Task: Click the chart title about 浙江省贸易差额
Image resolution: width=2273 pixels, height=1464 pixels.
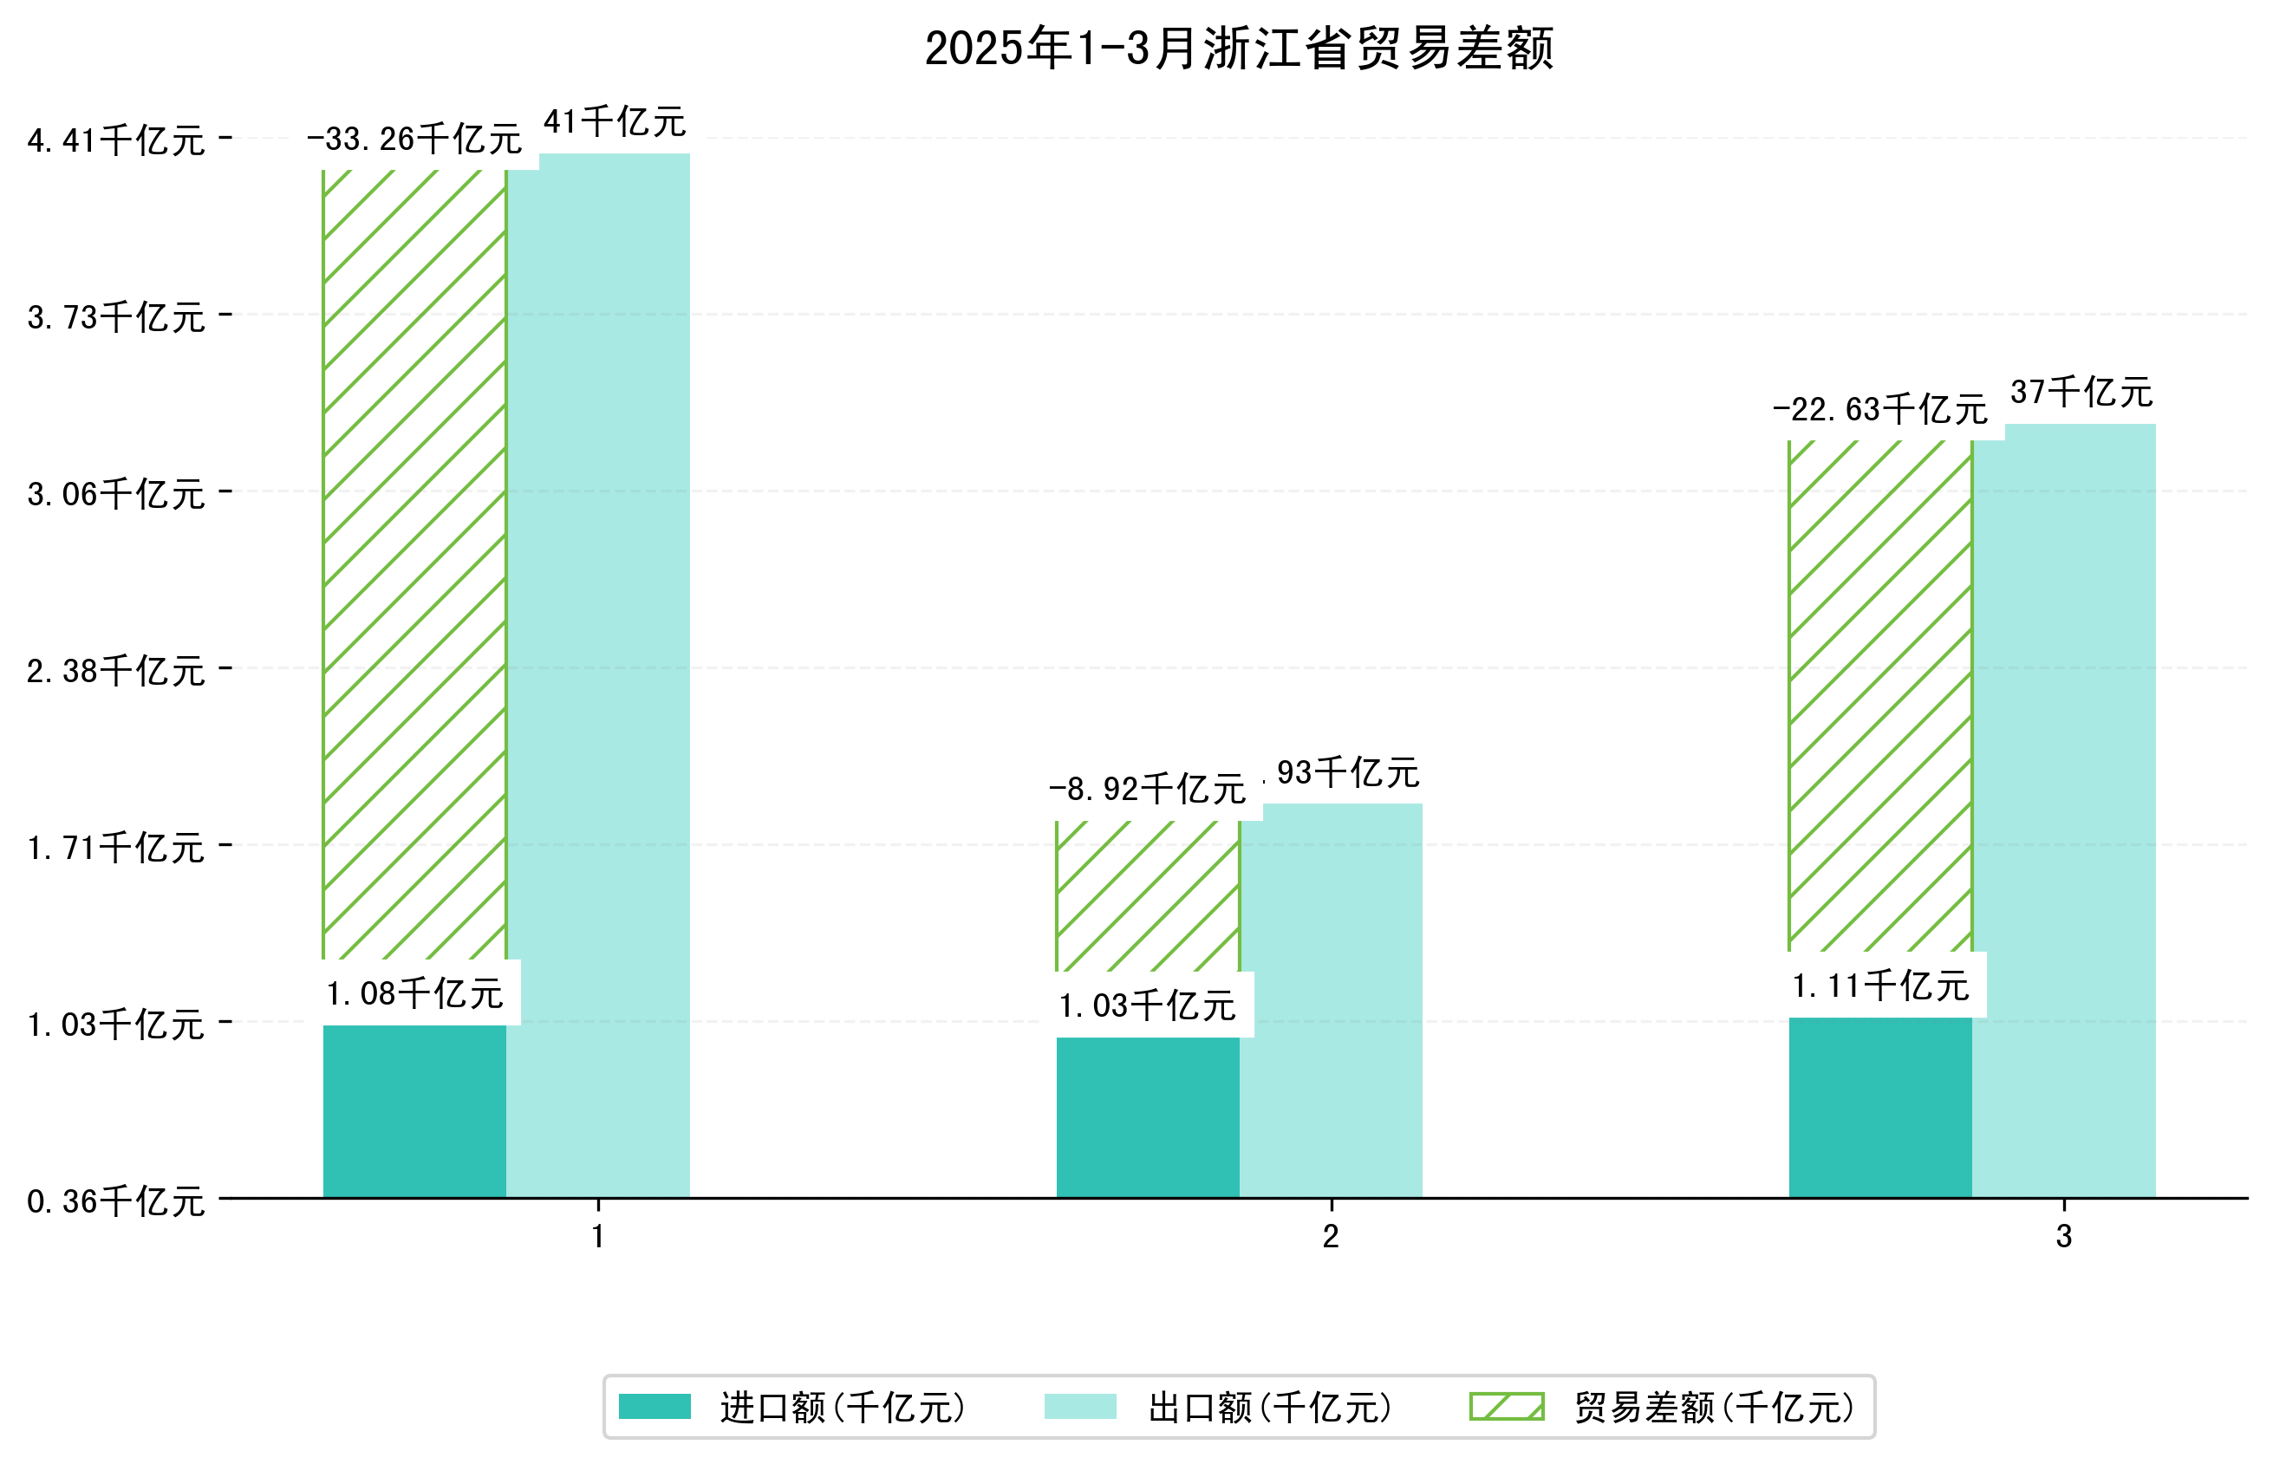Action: tap(1239, 49)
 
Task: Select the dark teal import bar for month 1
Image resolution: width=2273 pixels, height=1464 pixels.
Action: tap(414, 1111)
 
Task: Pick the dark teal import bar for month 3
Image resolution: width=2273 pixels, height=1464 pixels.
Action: tap(1879, 1108)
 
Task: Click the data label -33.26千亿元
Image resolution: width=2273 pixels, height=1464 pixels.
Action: tap(414, 140)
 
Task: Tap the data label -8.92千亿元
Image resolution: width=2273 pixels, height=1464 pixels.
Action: tap(1148, 790)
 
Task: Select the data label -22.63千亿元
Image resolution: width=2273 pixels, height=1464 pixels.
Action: tap(1879, 410)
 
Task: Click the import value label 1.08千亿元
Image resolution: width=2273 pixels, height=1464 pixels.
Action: tap(414, 994)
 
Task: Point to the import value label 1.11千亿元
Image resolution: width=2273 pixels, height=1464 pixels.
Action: tap(1879, 986)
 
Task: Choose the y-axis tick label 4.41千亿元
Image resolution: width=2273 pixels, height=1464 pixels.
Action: tap(116, 140)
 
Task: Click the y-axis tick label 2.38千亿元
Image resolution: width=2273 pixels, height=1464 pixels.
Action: tap(116, 671)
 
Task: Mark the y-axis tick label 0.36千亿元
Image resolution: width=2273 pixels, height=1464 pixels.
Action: tap(116, 1201)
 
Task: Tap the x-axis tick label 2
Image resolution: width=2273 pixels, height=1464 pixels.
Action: tap(1331, 1237)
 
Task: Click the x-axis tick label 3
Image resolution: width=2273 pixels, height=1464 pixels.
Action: tap(2064, 1237)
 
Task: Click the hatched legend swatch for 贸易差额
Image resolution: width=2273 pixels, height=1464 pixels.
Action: tap(1506, 1407)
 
